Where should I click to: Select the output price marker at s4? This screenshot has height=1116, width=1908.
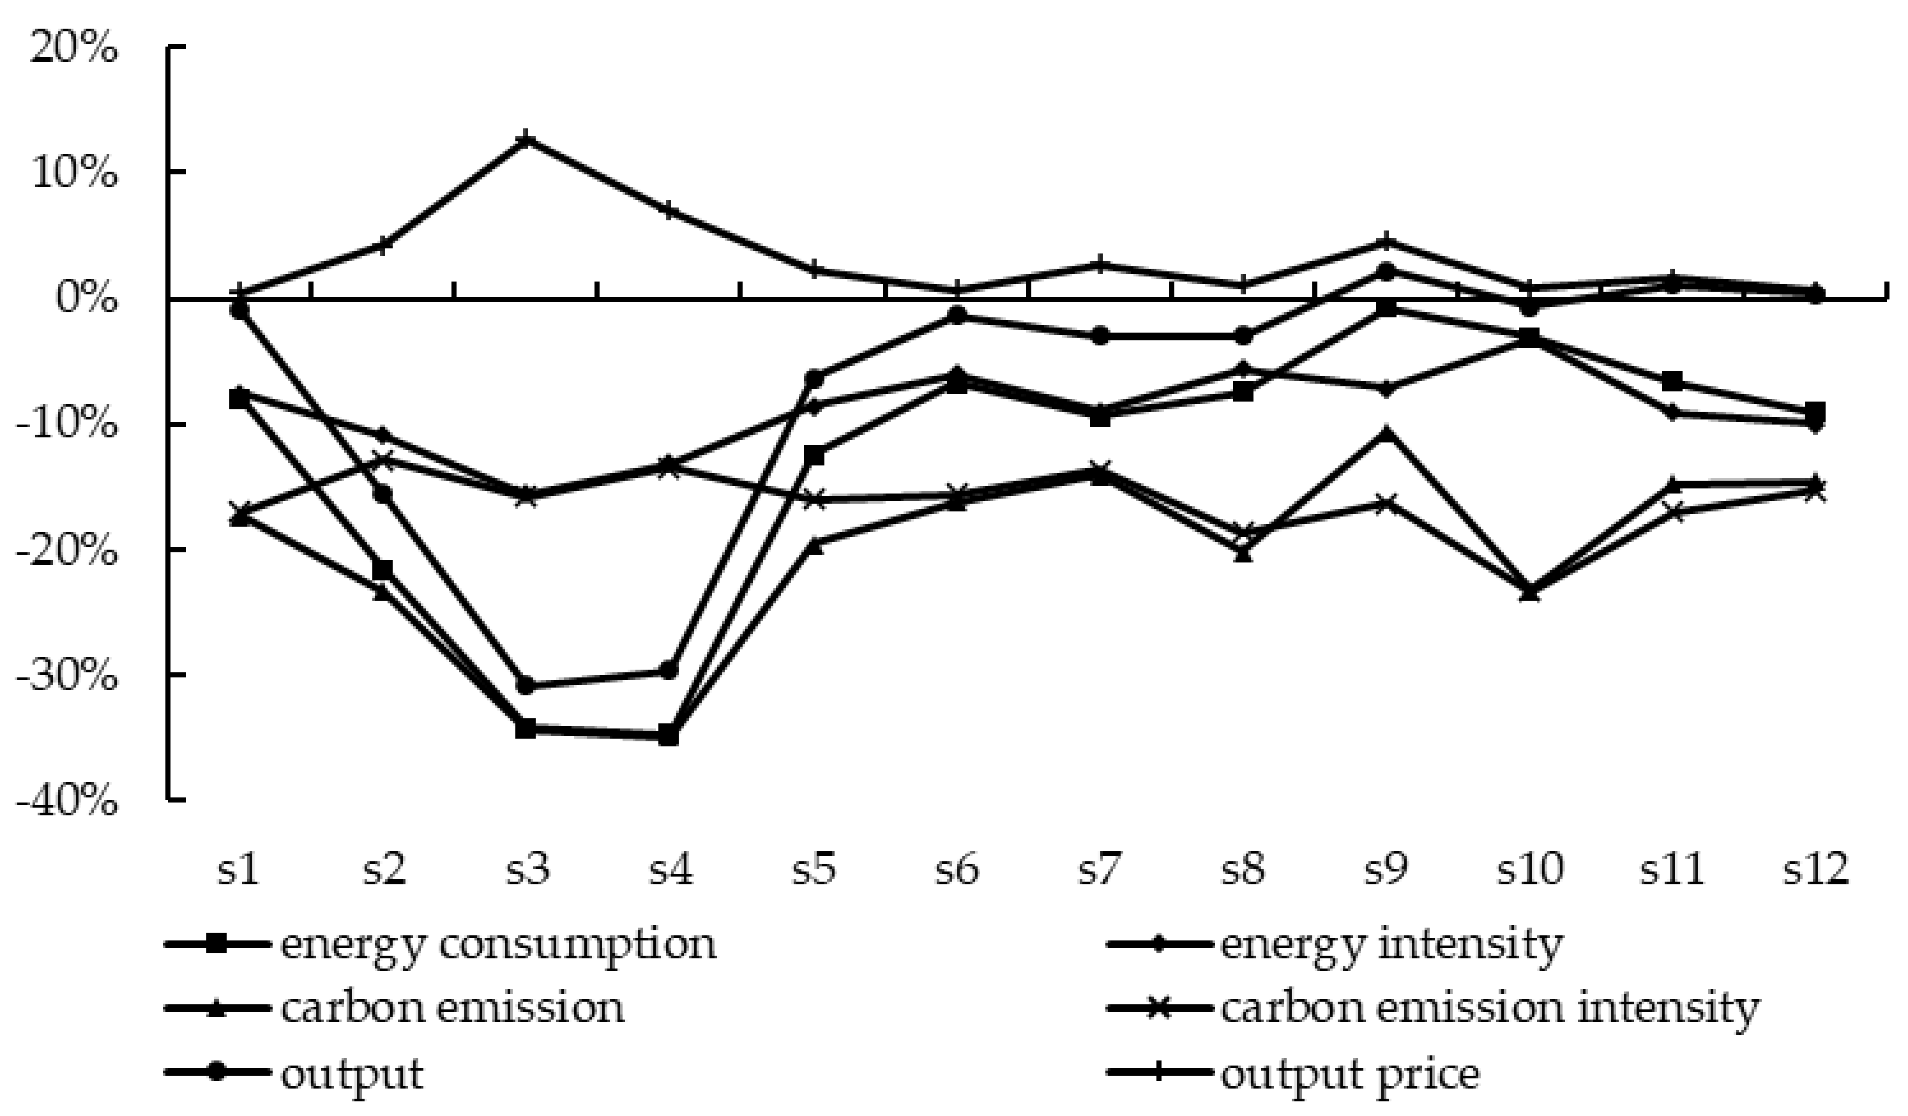point(669,211)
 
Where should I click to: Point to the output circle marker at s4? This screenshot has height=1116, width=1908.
point(669,670)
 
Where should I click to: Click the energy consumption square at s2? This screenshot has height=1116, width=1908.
point(383,569)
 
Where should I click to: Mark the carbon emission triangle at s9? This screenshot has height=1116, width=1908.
point(1386,432)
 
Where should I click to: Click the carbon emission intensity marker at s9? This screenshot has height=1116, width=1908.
point(1386,502)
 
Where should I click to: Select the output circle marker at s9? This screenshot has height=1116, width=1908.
point(1386,270)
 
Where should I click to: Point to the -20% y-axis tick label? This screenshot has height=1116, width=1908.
point(66,550)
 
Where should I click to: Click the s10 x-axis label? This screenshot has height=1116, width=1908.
point(1529,870)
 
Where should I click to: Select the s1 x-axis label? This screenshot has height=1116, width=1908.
point(240,870)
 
